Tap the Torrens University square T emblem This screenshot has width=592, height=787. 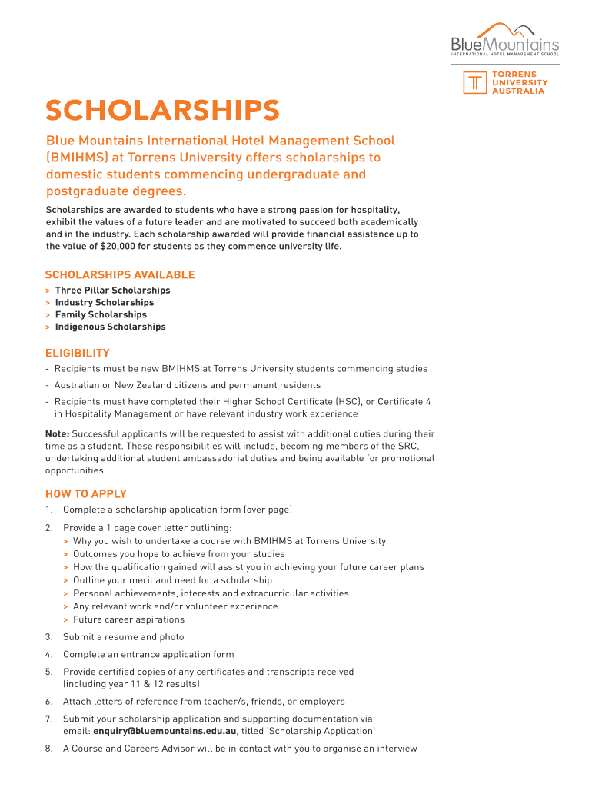click(476, 84)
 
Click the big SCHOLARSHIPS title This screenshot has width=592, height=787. click(161, 111)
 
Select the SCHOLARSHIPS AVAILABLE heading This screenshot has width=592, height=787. click(120, 274)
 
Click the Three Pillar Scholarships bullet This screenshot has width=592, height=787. click(112, 291)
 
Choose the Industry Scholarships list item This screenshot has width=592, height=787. click(104, 303)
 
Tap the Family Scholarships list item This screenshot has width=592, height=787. click(101, 314)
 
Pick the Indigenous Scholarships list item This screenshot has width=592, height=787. click(110, 327)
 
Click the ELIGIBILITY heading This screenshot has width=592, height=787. click(77, 353)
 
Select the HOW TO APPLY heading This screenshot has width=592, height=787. click(85, 494)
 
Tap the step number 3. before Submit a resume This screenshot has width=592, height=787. click(48, 636)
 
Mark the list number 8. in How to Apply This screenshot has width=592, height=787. click(48, 748)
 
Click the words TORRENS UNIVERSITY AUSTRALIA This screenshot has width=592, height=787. click(520, 83)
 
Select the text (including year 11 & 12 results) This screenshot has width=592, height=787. click(131, 683)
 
